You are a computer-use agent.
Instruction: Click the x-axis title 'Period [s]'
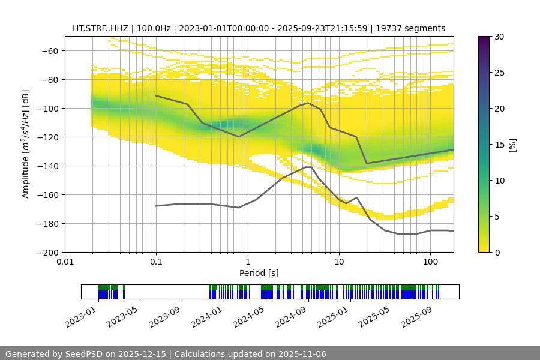[x=259, y=273]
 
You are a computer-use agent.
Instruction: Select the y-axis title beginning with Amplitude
[x=26, y=145]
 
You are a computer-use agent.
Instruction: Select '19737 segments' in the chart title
[x=410, y=28]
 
